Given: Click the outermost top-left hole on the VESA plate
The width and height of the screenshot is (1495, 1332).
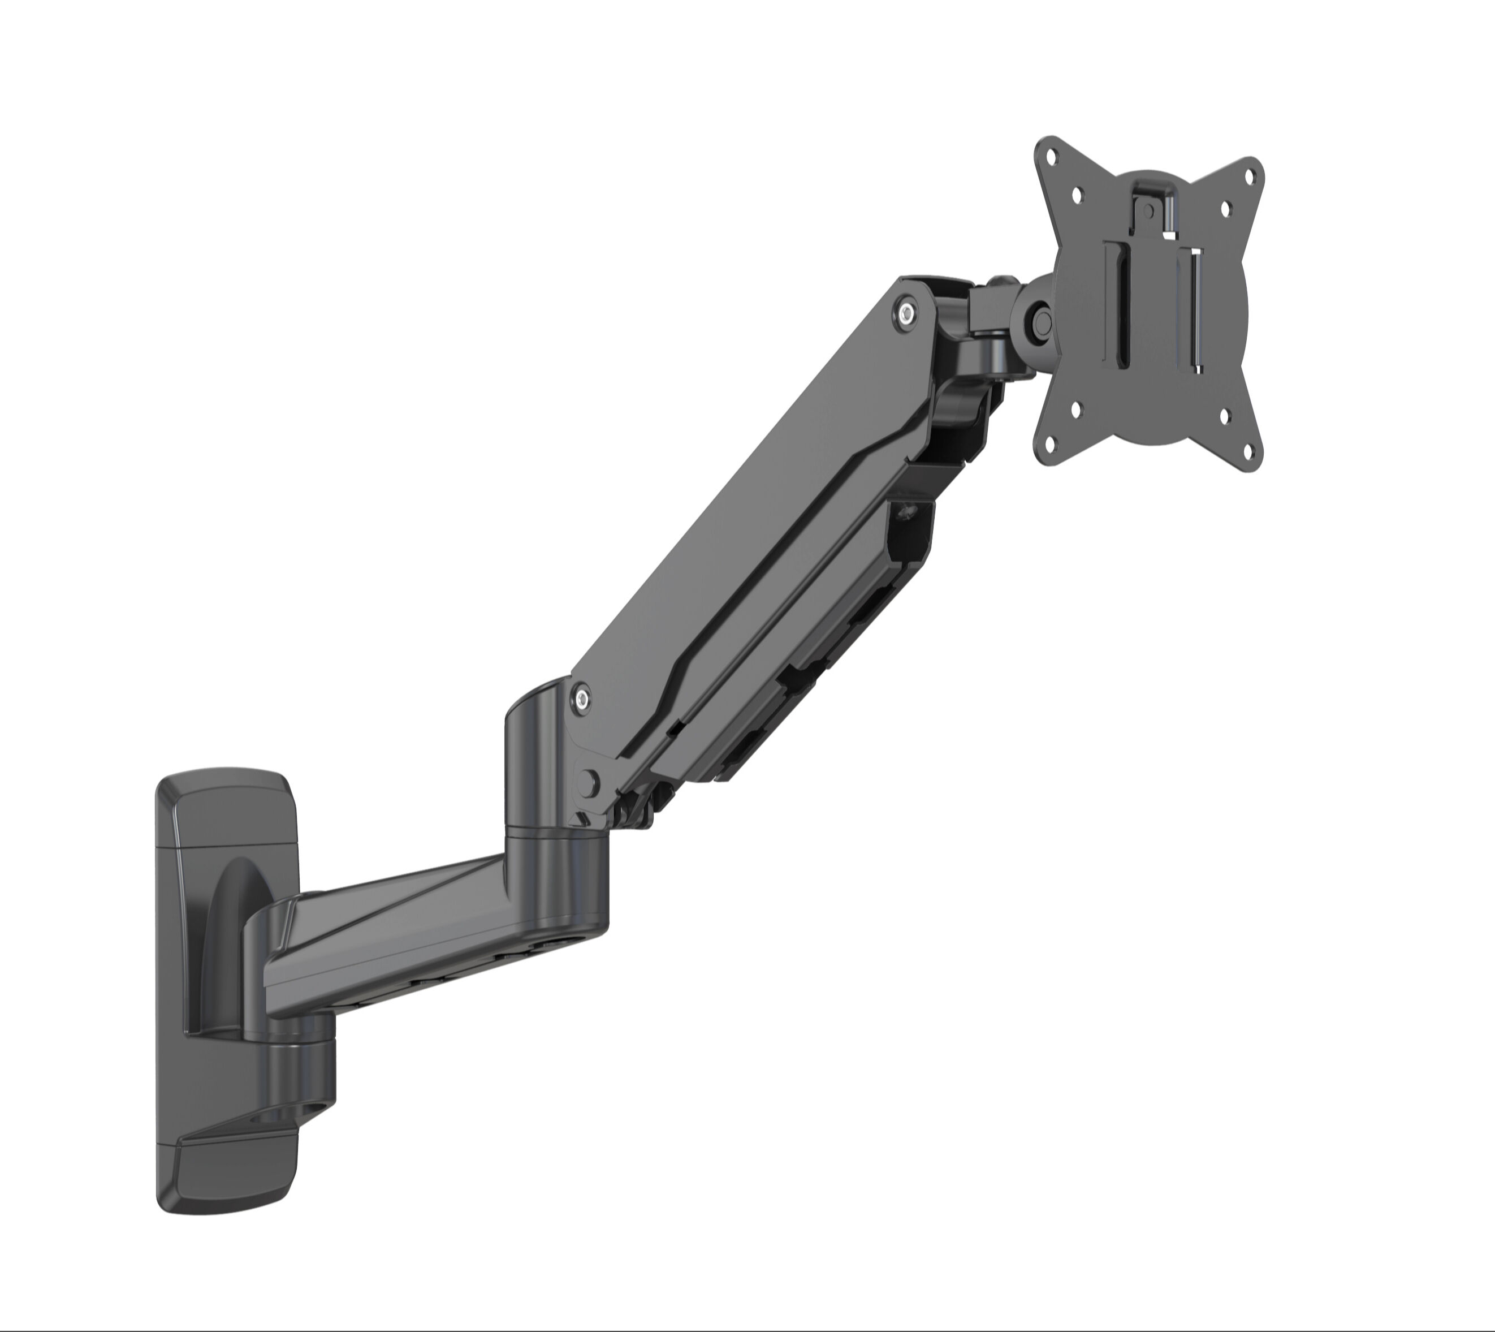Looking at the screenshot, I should [x=1052, y=157].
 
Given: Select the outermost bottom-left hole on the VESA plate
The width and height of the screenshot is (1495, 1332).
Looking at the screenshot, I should [x=1052, y=443].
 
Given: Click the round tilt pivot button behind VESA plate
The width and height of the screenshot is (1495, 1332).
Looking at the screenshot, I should [x=1040, y=321].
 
